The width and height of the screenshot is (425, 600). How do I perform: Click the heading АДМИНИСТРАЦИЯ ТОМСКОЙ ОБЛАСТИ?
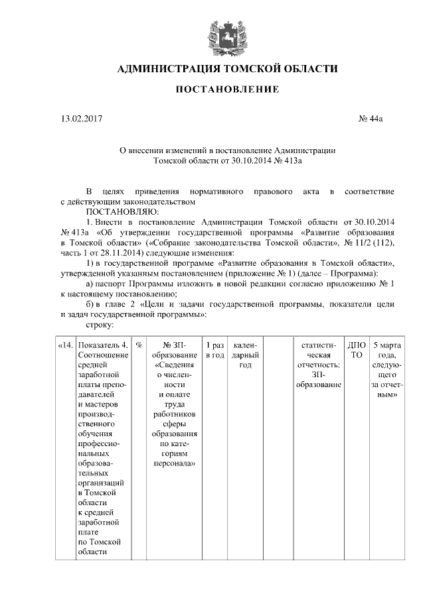click(227, 69)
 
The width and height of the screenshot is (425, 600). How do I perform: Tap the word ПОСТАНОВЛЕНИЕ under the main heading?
click(227, 90)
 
